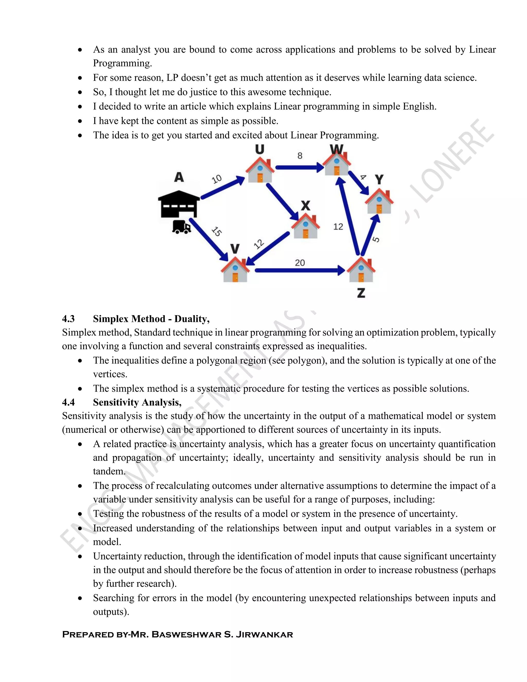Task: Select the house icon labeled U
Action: coord(260,170)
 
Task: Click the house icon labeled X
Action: coord(305,227)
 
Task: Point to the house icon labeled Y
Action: coord(379,202)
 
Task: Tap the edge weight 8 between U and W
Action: coord(300,155)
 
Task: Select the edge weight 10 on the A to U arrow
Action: coord(217,179)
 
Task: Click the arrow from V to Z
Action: coord(300,270)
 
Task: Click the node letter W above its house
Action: coord(337,150)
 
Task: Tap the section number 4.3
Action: coord(68,319)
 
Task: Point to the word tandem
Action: coord(109,471)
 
